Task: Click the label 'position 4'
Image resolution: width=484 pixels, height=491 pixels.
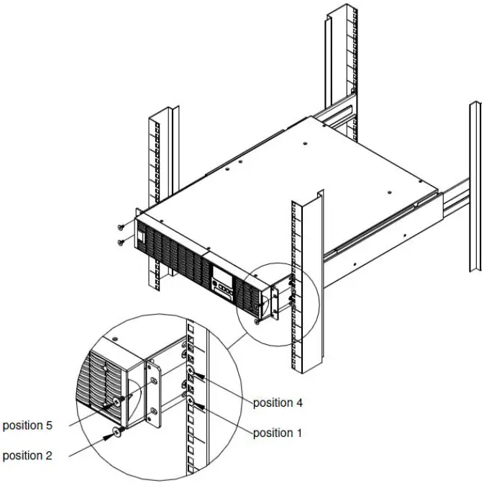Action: pyautogui.click(x=278, y=402)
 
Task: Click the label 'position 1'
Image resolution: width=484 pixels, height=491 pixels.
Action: pyautogui.click(x=278, y=433)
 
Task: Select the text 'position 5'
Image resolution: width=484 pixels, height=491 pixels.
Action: pyautogui.click(x=27, y=425)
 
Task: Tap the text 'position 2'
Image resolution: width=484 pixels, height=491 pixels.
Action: pyautogui.click(x=27, y=455)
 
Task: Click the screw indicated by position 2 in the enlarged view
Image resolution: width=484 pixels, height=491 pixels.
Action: pyautogui.click(x=117, y=433)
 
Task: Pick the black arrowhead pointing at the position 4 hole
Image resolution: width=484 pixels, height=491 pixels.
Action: pyautogui.click(x=203, y=376)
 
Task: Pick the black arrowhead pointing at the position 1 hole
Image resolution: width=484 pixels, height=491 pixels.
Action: pyautogui.click(x=203, y=407)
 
